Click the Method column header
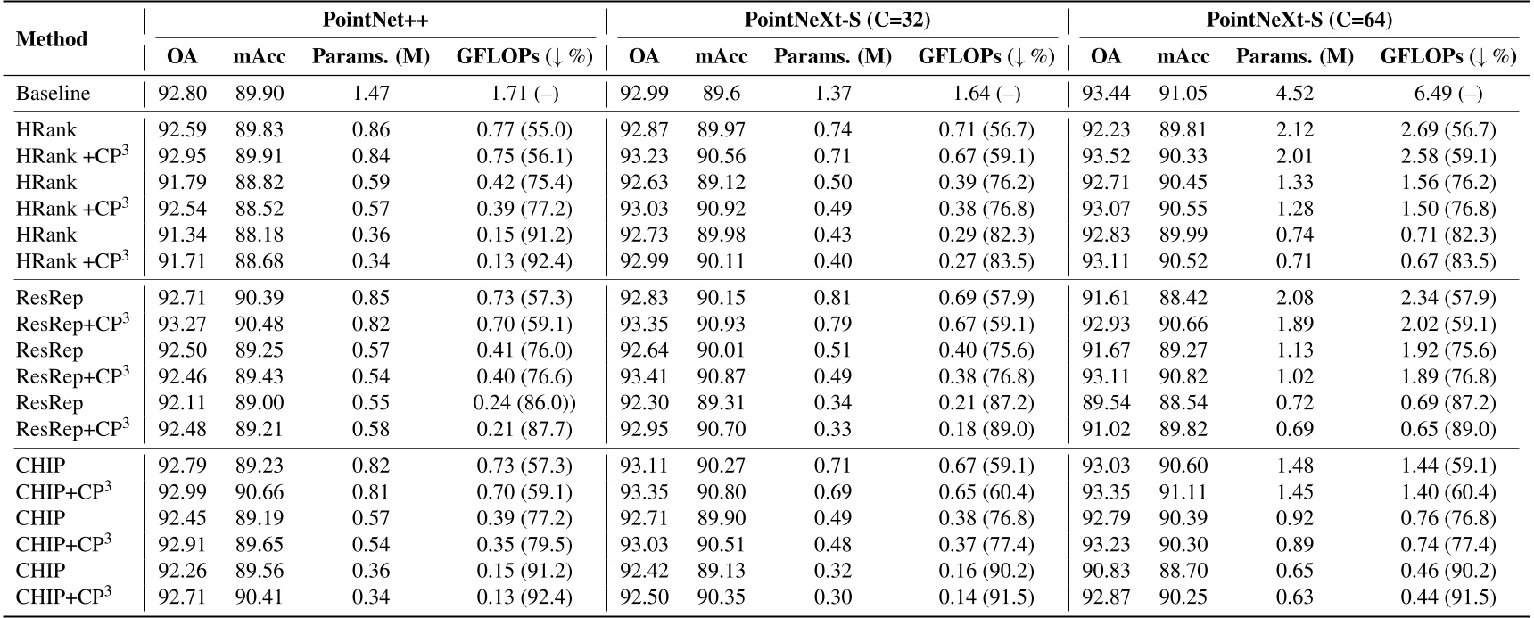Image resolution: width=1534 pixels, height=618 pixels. (x=53, y=39)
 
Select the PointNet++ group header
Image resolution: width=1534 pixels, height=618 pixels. (x=375, y=19)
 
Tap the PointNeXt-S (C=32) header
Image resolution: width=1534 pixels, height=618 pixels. (x=837, y=19)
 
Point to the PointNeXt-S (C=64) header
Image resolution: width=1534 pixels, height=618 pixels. (x=1299, y=19)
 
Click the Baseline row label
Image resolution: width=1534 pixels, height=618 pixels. (x=53, y=94)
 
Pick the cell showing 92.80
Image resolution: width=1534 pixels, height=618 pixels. (x=182, y=94)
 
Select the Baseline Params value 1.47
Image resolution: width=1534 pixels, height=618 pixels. (x=370, y=94)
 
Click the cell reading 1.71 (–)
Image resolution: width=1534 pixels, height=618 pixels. (x=524, y=94)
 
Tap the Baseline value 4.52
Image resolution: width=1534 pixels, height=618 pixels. (x=1294, y=94)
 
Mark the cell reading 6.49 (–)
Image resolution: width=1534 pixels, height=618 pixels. (x=1448, y=94)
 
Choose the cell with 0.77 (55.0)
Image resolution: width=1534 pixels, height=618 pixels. (x=524, y=130)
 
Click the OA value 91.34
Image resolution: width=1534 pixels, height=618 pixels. (x=182, y=235)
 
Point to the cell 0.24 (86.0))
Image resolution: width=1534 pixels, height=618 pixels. (x=524, y=403)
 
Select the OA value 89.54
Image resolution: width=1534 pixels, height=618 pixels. (x=1106, y=403)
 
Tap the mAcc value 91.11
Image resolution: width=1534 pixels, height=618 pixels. (x=1183, y=492)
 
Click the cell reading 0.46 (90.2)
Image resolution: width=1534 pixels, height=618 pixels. (x=1448, y=571)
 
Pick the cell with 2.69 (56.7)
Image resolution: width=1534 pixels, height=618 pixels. (x=1448, y=130)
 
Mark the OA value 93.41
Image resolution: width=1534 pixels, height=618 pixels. (x=644, y=377)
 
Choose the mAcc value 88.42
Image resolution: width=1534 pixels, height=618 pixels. (x=1183, y=298)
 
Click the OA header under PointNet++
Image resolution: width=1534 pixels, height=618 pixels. (x=182, y=57)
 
